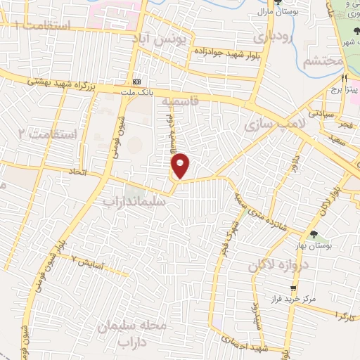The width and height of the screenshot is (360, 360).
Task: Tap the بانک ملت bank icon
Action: click(x=136, y=82)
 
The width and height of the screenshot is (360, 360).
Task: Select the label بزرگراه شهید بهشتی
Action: click(x=59, y=84)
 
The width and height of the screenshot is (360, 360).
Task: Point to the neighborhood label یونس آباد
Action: click(x=162, y=41)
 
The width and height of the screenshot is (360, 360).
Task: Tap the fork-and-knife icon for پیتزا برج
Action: click(x=345, y=79)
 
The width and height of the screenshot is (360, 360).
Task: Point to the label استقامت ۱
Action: click(x=43, y=27)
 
